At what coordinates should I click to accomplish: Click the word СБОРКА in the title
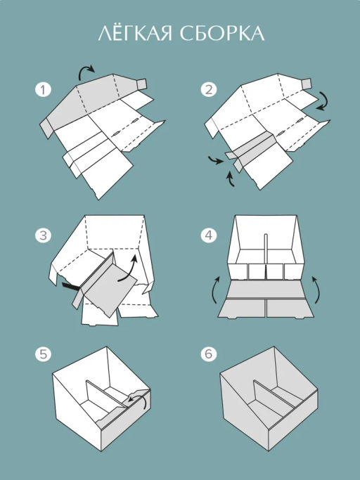(x=221, y=33)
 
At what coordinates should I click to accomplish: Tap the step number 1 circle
(x=43, y=90)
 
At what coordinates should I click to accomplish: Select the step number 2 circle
(x=209, y=90)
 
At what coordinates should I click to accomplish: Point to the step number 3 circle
(x=43, y=235)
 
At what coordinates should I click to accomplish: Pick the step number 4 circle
(x=209, y=235)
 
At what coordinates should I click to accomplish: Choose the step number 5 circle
(x=43, y=354)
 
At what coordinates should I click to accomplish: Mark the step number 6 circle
(x=209, y=354)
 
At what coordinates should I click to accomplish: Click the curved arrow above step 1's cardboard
(x=86, y=68)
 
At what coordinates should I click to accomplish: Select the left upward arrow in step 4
(x=216, y=289)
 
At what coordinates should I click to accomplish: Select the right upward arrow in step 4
(x=316, y=289)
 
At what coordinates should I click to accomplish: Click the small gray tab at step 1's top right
(x=141, y=84)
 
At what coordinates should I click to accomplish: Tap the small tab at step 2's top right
(x=307, y=83)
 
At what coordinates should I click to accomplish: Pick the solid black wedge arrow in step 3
(x=71, y=287)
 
